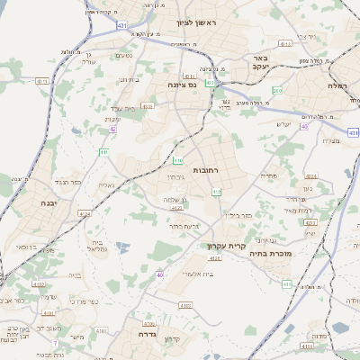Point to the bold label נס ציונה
click(x=183, y=85)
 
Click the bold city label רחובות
click(x=206, y=170)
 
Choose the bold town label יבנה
click(x=48, y=203)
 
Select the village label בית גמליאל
click(x=98, y=243)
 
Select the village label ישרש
click(x=284, y=123)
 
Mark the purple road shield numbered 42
click(x=113, y=130)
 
